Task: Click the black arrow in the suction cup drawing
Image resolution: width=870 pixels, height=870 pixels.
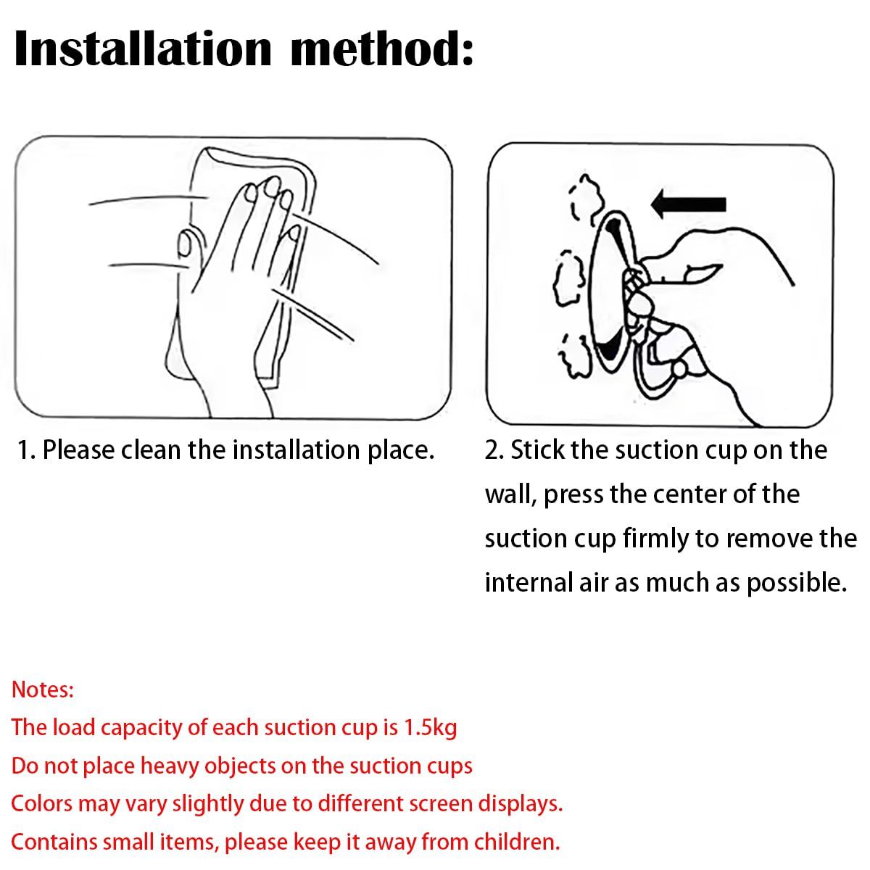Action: (689, 204)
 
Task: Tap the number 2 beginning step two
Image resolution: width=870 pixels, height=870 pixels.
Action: (492, 450)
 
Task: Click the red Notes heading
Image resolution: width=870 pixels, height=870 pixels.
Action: (43, 690)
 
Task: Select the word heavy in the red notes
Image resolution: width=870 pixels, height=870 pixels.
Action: (170, 766)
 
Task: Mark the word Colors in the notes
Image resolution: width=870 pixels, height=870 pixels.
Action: (41, 804)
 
